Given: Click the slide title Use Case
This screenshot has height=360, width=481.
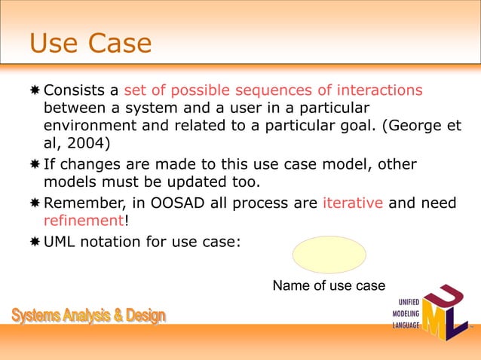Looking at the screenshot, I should [x=90, y=44].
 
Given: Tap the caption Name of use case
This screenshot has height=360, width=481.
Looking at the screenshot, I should [x=329, y=286].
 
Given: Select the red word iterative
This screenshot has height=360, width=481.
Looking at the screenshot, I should [x=354, y=202].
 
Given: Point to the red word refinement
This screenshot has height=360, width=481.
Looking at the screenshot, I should [x=84, y=220].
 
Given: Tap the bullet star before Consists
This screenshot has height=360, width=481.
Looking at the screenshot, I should [x=35, y=91].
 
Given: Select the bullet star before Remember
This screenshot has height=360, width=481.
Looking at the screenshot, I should [x=35, y=203].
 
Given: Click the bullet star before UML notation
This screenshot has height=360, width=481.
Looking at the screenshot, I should [x=35, y=243].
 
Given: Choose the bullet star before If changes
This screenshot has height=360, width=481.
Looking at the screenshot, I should [x=35, y=165].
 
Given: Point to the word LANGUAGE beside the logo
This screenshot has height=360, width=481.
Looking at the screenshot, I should [x=401, y=326].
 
